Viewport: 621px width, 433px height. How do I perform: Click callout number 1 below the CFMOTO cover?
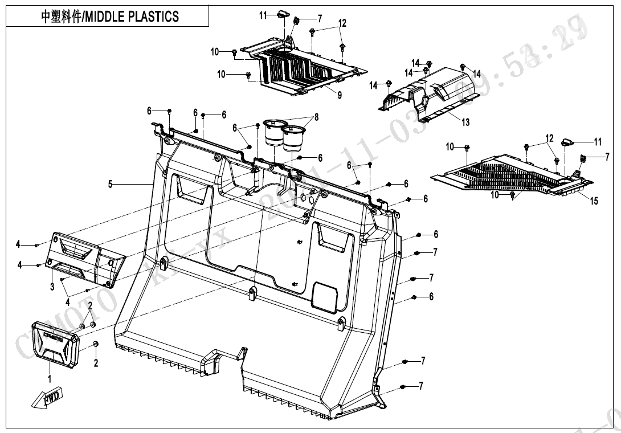tap(50, 378)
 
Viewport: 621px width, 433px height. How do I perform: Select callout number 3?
tap(52, 287)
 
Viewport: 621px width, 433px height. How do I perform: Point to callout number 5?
tap(111, 183)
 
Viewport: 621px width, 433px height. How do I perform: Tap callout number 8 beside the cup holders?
tap(316, 118)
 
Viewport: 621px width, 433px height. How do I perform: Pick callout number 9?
tap(340, 95)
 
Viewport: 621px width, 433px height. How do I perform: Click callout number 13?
tap(465, 122)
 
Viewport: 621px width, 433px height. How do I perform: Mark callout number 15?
tap(594, 201)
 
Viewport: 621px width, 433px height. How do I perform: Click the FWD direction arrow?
tap(47, 398)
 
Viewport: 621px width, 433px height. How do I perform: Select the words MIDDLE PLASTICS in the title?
tap(131, 16)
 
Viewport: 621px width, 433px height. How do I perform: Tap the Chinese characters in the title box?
tap(61, 16)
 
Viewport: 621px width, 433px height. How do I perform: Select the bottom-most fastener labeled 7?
tap(403, 387)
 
